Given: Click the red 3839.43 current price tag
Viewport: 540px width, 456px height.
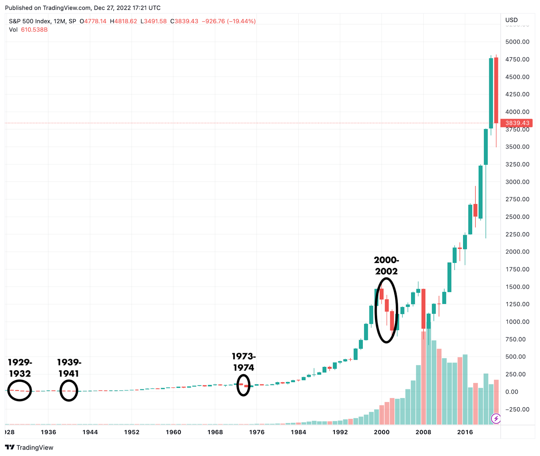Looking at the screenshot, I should click(516, 123).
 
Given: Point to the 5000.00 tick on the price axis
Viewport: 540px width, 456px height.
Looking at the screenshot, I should click(517, 42).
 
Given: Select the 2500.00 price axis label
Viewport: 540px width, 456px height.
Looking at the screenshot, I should click(517, 217).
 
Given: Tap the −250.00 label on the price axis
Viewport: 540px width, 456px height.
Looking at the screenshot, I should click(517, 409).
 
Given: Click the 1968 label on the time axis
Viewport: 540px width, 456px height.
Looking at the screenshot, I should click(215, 432).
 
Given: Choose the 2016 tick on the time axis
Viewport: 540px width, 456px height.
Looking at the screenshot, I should click(465, 432).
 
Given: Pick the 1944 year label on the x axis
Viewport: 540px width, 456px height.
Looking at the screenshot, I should click(90, 432).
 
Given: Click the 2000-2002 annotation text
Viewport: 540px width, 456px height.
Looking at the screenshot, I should click(386, 266).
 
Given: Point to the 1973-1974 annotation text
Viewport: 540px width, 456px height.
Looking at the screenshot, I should click(244, 362).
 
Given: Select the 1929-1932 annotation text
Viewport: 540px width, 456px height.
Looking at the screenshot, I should click(20, 368).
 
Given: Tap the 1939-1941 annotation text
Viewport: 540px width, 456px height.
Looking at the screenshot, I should click(69, 368).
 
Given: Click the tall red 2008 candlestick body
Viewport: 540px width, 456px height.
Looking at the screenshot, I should click(423, 309).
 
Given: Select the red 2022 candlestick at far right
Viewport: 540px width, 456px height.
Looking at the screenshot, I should click(496, 90).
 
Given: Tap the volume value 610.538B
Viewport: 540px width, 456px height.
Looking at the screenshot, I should click(34, 30).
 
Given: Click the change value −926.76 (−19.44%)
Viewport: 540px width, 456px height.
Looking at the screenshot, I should click(228, 21).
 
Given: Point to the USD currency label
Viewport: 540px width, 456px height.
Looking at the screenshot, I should click(511, 20).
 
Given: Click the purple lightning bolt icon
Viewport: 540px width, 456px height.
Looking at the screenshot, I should click(496, 419).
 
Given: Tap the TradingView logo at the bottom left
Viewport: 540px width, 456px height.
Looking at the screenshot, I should click(29, 448).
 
